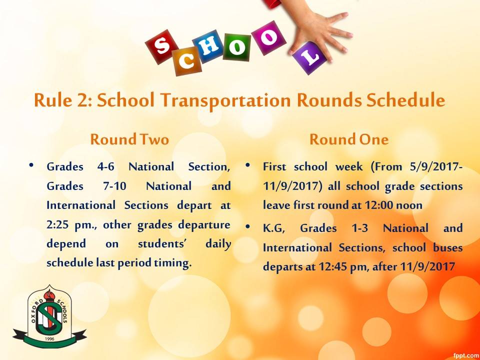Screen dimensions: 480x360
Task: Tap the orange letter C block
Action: (187, 61)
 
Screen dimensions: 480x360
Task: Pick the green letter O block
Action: (236, 47)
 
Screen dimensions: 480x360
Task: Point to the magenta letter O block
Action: (268, 38)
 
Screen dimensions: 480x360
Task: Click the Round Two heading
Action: (129, 139)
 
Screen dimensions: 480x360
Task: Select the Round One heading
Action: (349, 139)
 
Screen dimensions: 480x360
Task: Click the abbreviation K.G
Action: (273, 228)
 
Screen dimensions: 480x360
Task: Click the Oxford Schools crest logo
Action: (49, 317)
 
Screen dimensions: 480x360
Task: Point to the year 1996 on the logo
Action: (49, 339)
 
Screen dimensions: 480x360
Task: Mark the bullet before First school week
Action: (248, 165)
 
